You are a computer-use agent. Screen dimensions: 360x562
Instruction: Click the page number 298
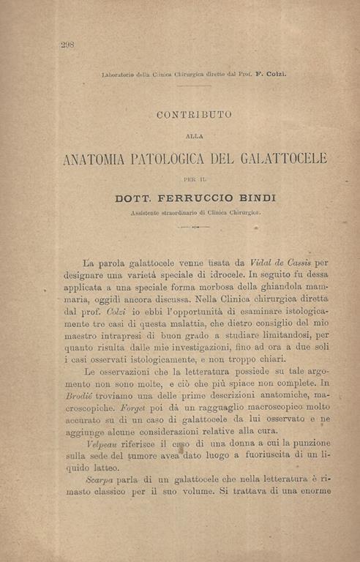[x=67, y=45]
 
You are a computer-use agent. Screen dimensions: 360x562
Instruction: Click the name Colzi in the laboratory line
[x=274, y=74]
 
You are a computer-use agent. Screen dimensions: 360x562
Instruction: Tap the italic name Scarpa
[x=100, y=479]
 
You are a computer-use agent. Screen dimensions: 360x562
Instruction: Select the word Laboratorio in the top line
[x=120, y=74]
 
